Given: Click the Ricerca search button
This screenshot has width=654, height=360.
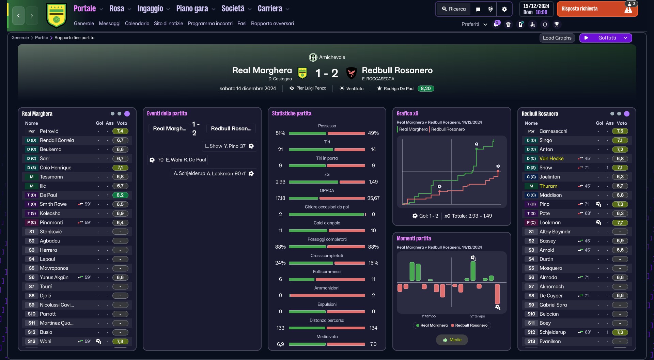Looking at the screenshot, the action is pyautogui.click(x=454, y=9).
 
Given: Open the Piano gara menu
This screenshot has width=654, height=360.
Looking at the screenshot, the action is pyautogui.click(x=196, y=9).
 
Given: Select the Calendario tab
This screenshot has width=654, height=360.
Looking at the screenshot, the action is pyautogui.click(x=137, y=24).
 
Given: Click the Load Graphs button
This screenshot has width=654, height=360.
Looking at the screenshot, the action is pyautogui.click(x=557, y=38).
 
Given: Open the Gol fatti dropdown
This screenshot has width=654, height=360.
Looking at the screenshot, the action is pyautogui.click(x=606, y=38).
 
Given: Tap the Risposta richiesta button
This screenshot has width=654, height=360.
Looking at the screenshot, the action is pyautogui.click(x=597, y=9).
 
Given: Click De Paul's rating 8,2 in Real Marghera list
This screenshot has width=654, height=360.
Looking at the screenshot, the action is pyautogui.click(x=120, y=195).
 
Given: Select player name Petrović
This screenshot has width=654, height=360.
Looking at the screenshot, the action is pyautogui.click(x=49, y=131).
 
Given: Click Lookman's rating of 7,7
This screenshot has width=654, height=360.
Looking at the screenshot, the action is pyautogui.click(x=620, y=223).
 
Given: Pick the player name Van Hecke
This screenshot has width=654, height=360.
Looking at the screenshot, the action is pyautogui.click(x=551, y=159).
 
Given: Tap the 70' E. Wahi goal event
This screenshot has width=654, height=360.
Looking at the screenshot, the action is pyautogui.click(x=178, y=160).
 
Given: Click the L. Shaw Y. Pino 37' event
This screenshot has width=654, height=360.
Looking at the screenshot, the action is pyautogui.click(x=229, y=146).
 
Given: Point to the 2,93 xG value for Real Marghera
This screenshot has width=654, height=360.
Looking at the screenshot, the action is pyautogui.click(x=280, y=182).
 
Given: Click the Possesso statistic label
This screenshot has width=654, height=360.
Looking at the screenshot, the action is pyautogui.click(x=327, y=126).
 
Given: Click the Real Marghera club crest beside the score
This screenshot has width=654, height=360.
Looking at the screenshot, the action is pyautogui.click(x=302, y=73).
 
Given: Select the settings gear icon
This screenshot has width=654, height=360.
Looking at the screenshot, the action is pyautogui.click(x=504, y=9).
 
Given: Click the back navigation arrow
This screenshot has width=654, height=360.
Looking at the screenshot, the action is pyautogui.click(x=18, y=16).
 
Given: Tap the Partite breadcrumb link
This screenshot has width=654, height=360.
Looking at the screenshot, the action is pyautogui.click(x=42, y=38).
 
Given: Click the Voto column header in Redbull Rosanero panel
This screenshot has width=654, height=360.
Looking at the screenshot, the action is pyautogui.click(x=622, y=123).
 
